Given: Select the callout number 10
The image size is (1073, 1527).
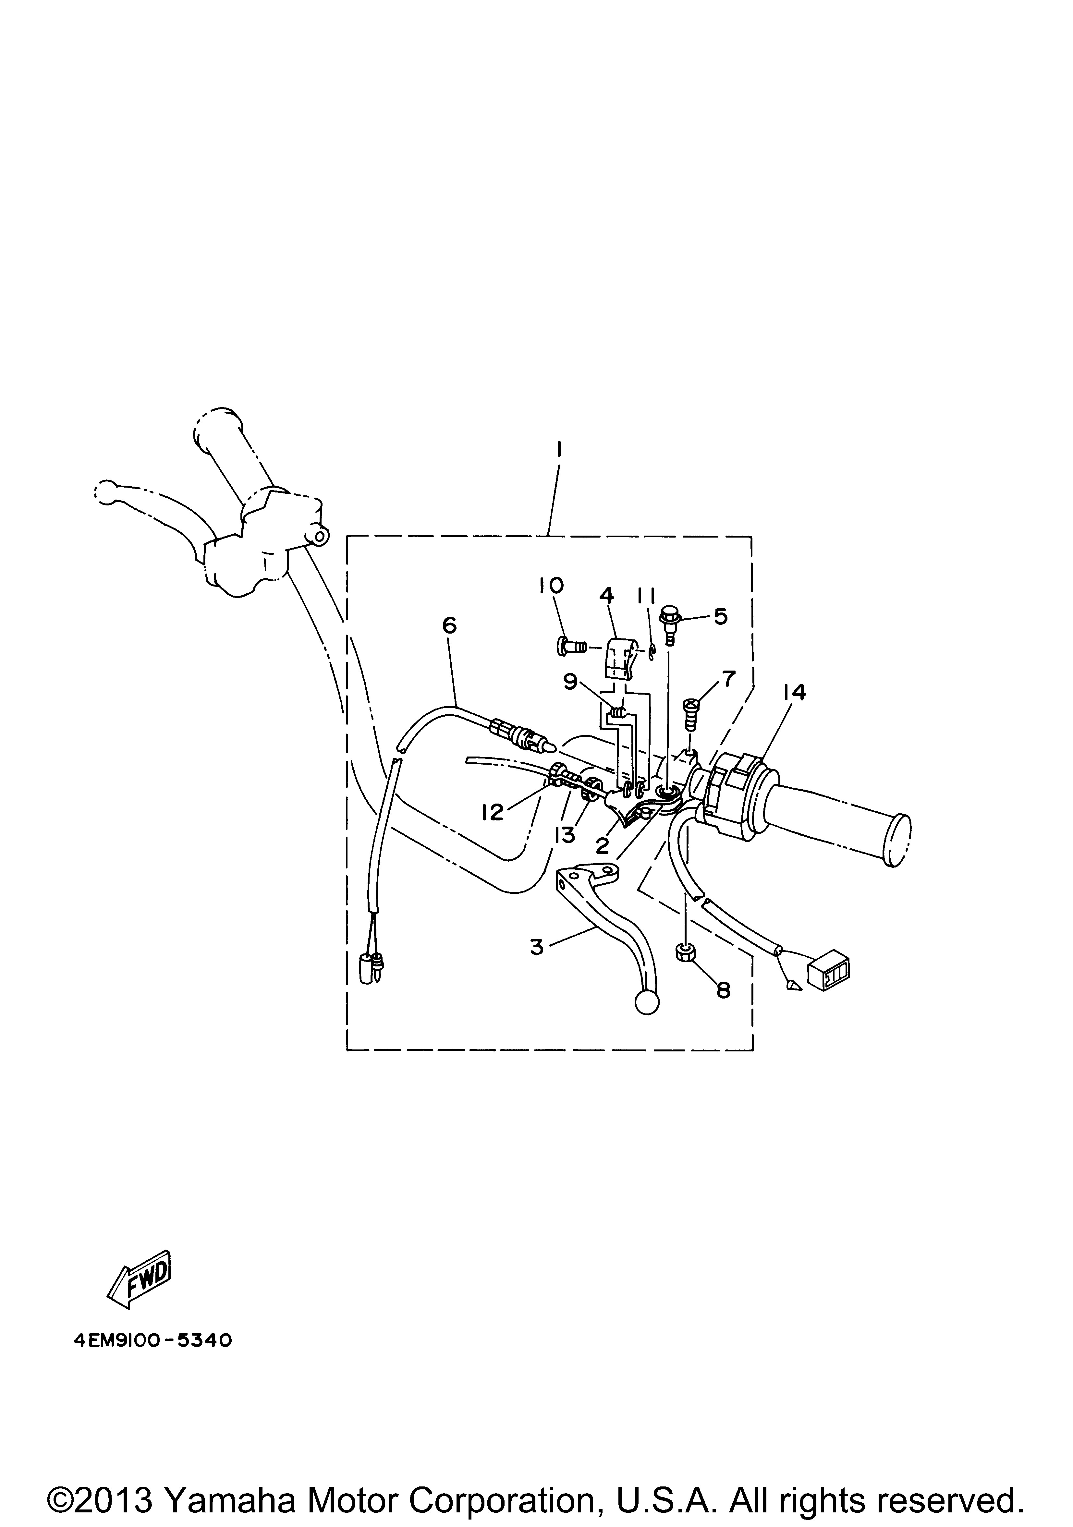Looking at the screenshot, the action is (x=552, y=585).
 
